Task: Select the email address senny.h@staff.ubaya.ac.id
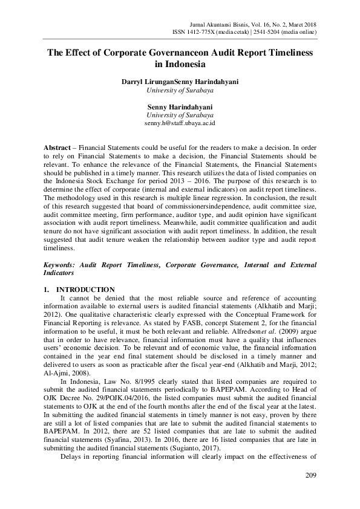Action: [180, 123]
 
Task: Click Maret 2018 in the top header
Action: [299, 21]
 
